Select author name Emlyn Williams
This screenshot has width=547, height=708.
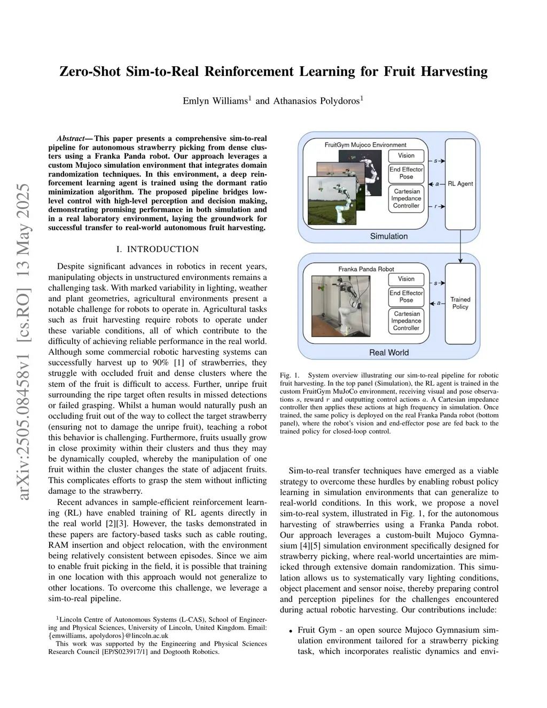click(x=215, y=101)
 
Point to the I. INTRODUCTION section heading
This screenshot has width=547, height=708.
click(x=158, y=249)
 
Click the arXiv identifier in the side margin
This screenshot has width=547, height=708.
click(x=23, y=342)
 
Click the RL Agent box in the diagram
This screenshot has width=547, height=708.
click(x=460, y=183)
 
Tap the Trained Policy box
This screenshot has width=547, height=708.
click(x=460, y=303)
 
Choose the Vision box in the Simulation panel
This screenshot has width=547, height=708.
click(x=406, y=155)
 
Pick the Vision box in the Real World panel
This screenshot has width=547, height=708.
click(x=406, y=279)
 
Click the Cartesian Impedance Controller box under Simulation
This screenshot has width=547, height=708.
click(x=406, y=198)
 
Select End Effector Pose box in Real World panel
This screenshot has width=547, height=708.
click(x=406, y=297)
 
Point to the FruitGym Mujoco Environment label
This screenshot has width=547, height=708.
click(x=365, y=145)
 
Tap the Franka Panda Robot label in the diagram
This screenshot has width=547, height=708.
click(x=366, y=269)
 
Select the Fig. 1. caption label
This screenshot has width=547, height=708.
click(x=289, y=375)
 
